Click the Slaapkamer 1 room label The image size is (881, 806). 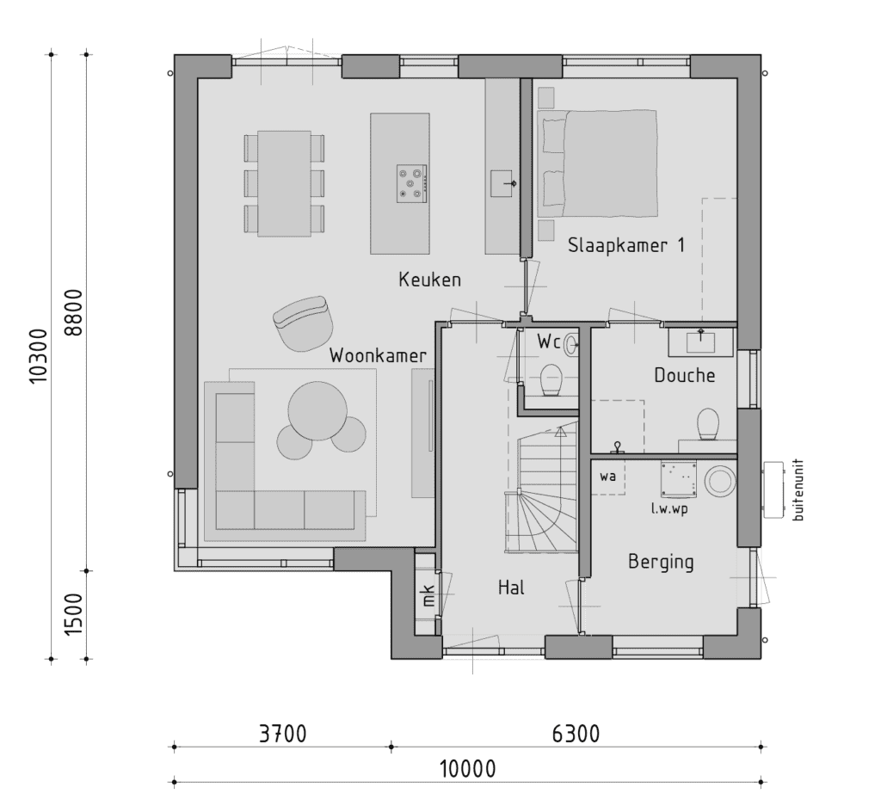[626, 245]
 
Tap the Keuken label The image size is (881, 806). [430, 280]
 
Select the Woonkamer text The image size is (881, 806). [378, 355]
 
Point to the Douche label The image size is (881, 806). [684, 375]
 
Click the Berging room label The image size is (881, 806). [661, 563]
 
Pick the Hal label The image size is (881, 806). [511, 588]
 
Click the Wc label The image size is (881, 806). [549, 341]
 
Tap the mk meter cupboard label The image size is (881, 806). [428, 595]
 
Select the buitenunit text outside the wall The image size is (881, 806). [798, 490]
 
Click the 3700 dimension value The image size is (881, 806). [282, 734]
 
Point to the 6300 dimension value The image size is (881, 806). [576, 734]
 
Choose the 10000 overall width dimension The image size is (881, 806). [467, 768]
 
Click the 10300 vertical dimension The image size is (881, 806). [40, 356]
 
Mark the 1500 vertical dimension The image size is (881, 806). [74, 614]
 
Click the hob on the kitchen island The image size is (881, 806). [412, 184]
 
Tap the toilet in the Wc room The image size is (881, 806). [551, 380]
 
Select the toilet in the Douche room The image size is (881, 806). [708, 424]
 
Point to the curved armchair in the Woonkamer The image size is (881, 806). [303, 323]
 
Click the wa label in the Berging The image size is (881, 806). [607, 477]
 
